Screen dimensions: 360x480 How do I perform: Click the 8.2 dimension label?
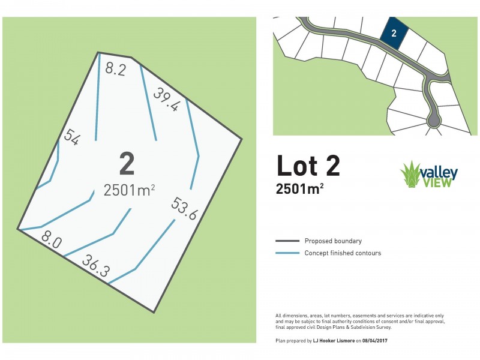point(115,69)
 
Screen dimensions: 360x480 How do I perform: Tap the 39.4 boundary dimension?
point(166,99)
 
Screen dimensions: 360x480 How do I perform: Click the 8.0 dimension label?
point(51,242)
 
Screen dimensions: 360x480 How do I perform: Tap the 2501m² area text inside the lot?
point(130,190)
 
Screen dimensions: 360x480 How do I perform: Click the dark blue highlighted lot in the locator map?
point(394,34)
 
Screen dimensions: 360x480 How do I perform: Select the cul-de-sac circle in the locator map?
point(433,123)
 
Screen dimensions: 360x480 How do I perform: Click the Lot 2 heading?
point(308,166)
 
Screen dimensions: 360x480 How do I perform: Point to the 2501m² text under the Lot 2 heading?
point(300,189)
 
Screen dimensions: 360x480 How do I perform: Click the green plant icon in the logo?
point(411,175)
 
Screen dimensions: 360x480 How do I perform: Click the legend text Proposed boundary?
point(333,241)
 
